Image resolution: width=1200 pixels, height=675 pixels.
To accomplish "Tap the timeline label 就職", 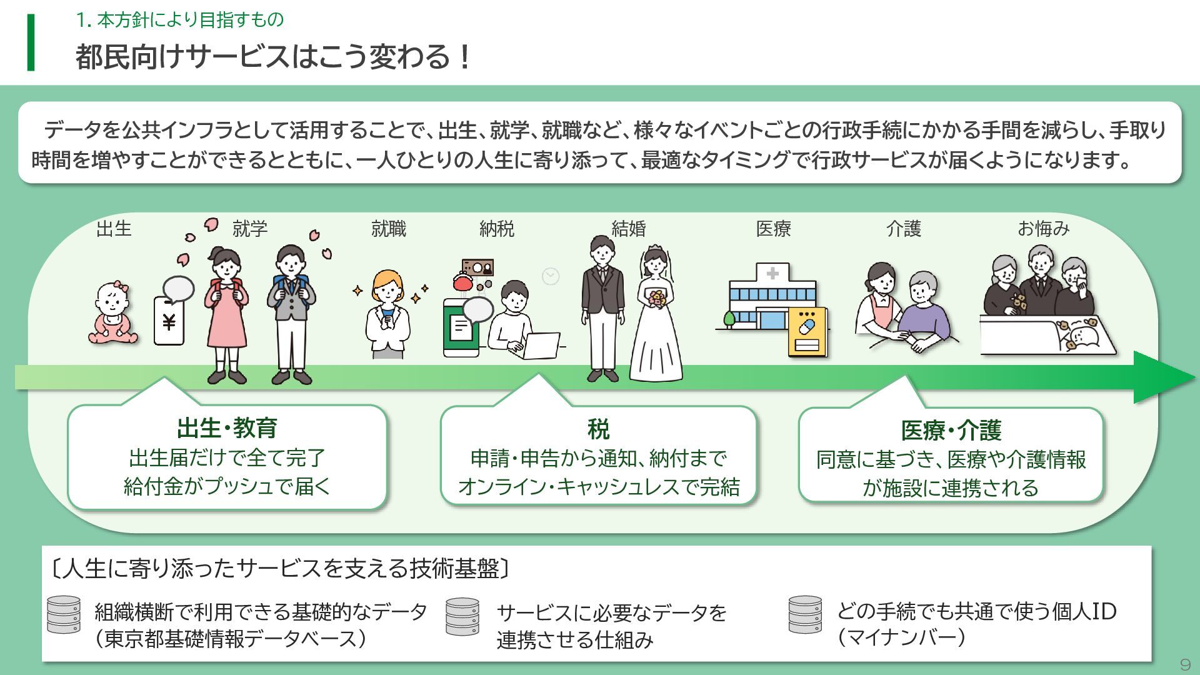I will [388, 229].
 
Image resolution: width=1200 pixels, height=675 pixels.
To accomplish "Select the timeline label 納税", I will [497, 229].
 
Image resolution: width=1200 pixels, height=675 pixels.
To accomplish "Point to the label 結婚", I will [628, 229].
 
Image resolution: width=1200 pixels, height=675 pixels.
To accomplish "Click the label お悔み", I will [1043, 229].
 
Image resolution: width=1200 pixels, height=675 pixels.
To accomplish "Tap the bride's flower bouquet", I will [656, 298].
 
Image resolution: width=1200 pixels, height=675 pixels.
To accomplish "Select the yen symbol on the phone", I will [169, 322].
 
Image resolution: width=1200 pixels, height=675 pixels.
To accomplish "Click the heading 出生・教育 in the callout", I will [227, 429].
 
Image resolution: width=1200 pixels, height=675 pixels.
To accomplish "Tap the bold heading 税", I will [598, 429].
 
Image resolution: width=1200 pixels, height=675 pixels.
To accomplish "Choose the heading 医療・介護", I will [951, 431].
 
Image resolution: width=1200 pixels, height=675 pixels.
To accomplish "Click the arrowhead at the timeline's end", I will [1162, 377].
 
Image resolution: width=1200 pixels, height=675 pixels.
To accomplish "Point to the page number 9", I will [1184, 664].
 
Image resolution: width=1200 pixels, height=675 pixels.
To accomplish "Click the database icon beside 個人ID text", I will [805, 615].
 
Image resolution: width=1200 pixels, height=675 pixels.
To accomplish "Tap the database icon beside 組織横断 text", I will [64, 615].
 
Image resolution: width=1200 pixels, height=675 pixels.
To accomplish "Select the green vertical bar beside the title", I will [31, 42].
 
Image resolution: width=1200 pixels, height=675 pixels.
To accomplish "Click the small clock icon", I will [551, 276].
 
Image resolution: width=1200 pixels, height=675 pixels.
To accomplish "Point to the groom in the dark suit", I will [602, 306].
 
